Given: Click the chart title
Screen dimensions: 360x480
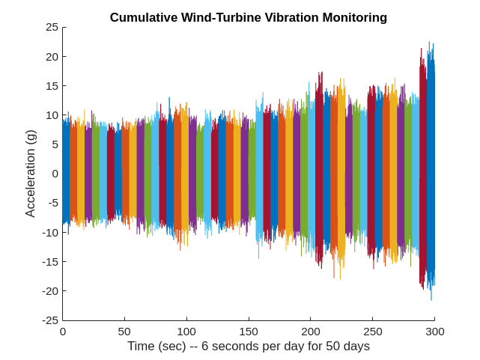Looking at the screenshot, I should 248,17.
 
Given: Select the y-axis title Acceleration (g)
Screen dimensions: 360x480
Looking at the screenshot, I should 31,174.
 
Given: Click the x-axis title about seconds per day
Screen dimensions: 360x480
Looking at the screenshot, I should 248,347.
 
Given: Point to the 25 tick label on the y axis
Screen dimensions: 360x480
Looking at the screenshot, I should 52,27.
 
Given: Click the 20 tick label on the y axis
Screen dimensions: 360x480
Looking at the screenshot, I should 52,56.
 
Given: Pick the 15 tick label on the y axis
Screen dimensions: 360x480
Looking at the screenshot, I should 52,85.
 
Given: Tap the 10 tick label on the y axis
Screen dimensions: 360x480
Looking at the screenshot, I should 52,115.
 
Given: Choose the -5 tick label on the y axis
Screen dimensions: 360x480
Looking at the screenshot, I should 52,203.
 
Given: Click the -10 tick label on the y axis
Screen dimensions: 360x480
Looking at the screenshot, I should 49,232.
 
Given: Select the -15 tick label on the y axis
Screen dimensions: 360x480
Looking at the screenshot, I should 49,261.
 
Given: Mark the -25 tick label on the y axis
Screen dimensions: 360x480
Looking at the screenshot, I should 49,320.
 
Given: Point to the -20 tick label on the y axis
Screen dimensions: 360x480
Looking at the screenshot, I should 49,290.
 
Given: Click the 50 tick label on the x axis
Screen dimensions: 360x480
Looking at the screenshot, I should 124,332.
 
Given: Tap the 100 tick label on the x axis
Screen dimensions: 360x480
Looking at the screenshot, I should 186,332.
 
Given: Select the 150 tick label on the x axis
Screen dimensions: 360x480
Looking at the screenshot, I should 249,332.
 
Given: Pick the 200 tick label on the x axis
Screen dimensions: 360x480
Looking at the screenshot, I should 311,332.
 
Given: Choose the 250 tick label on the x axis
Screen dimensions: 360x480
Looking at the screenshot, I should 373,332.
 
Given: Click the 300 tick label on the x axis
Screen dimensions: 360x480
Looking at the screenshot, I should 435,332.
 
